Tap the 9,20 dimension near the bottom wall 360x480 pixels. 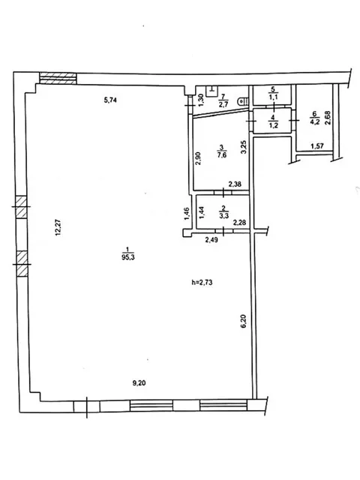coord(139,383)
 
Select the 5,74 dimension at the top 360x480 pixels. coord(110,100)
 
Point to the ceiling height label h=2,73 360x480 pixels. coord(202,282)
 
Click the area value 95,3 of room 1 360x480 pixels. coord(128,257)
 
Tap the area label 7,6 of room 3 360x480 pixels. coord(222,155)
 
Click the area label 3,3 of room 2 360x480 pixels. coord(223,216)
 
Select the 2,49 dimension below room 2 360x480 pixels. coord(211,240)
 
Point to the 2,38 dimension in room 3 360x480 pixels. coord(235,184)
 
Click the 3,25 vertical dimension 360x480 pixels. coord(244,147)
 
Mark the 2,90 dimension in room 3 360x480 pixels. coord(198,158)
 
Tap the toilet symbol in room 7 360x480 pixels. coord(244,101)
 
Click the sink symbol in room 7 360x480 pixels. coord(211,91)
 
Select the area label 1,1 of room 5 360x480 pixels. coord(273,97)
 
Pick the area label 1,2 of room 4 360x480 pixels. coord(273,125)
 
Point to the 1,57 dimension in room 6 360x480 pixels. coord(317,146)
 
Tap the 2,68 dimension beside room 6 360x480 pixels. coord(328,118)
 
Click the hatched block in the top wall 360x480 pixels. coord(58,78)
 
